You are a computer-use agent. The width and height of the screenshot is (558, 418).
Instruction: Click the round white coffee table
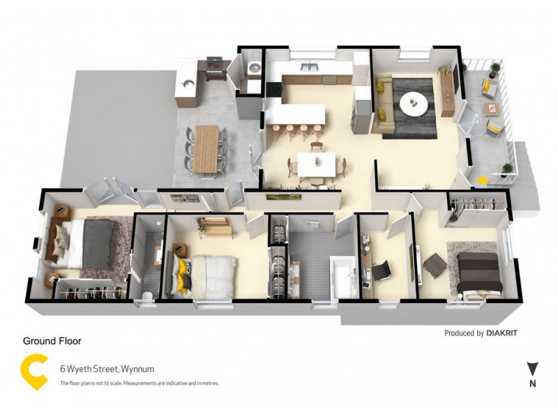point(414,104)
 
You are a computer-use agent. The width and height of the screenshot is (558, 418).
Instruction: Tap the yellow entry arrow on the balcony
point(482,180)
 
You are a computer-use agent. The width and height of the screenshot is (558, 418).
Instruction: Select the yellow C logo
point(34,372)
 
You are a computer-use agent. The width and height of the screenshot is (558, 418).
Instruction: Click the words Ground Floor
point(52,341)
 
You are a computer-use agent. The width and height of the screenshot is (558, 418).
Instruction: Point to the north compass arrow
point(533,369)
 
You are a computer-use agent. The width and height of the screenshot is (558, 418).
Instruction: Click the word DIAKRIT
point(502,333)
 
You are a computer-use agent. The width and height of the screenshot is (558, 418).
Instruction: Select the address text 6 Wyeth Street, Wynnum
point(107,369)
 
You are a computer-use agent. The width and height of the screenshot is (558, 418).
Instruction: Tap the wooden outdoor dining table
point(206,148)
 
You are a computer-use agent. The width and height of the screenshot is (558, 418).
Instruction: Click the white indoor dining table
point(317,164)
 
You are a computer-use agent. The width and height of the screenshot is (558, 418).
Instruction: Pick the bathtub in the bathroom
point(343,277)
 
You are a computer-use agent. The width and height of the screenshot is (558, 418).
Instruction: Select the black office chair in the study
point(380,271)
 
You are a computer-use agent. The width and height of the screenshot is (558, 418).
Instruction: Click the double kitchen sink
point(308,66)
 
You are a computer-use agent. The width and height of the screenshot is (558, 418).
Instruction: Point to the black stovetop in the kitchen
point(273,89)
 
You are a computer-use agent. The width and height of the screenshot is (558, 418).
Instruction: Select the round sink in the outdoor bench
point(188,84)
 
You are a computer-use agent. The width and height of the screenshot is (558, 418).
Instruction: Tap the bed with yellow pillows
point(202,275)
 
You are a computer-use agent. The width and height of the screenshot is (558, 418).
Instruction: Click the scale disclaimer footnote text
point(139,383)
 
